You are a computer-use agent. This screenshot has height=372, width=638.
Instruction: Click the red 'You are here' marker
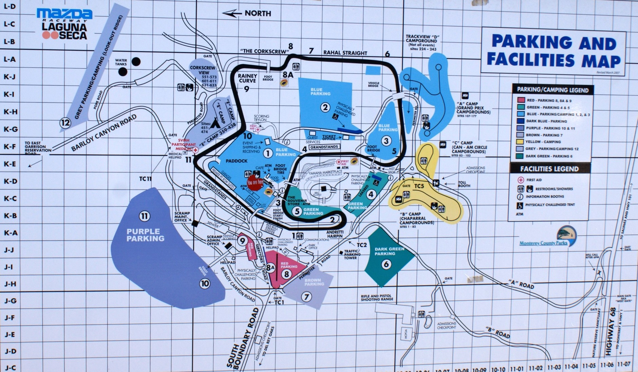tap(255, 182)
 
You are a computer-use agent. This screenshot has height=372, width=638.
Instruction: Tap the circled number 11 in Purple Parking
tap(145, 216)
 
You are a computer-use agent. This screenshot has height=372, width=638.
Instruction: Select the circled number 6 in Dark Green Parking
tap(386, 264)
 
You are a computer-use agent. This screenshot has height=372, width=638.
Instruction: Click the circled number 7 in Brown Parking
tap(306, 297)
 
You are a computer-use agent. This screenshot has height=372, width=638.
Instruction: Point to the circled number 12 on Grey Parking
tap(65, 123)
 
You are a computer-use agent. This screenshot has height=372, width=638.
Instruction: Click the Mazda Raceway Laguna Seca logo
tap(64, 24)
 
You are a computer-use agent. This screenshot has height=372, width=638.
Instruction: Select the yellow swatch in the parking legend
tap(520, 142)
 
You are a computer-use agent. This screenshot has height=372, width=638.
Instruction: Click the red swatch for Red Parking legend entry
tap(520, 100)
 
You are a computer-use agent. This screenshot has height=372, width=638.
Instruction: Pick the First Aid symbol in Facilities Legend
tap(520, 180)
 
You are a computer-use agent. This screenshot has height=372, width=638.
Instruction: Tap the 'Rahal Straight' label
tap(345, 53)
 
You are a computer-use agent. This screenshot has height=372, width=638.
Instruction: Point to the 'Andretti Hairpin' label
tap(335, 234)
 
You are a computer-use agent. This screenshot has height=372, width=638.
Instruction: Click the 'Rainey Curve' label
tap(247, 78)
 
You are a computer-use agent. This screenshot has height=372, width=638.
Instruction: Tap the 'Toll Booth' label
tap(464, 184)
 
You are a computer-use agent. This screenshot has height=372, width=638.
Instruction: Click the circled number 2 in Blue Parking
tap(325, 107)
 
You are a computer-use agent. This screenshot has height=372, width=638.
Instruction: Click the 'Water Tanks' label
tap(121, 62)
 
